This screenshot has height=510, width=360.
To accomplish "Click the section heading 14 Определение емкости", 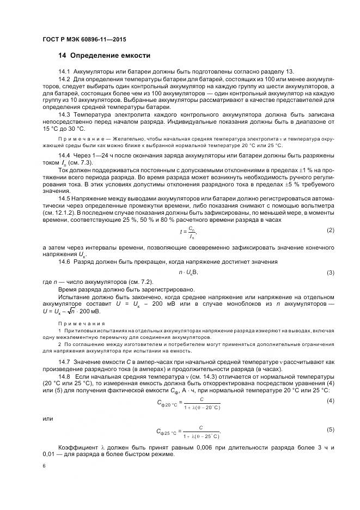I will click(x=103, y=56).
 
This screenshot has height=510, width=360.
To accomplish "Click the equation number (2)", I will click(x=330, y=230).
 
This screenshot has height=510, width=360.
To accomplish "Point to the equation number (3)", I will click(x=330, y=272).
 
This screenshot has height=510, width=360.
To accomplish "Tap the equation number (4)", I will click(x=330, y=401).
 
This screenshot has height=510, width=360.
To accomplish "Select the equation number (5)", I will click(x=330, y=430).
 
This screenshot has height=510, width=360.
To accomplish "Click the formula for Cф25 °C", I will click(x=188, y=433).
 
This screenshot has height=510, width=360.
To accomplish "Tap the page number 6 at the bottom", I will click(x=45, y=466).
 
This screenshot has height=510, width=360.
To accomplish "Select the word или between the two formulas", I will click(x=47, y=418).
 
